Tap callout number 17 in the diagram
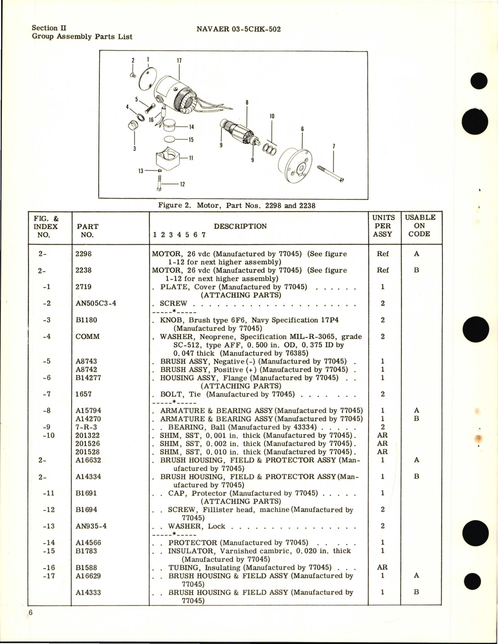179,61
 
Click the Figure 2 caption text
236,205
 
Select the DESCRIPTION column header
240,226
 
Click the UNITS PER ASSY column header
383,226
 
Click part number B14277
88,378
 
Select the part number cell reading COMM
87,337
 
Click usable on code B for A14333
416,592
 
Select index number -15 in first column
49,551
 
